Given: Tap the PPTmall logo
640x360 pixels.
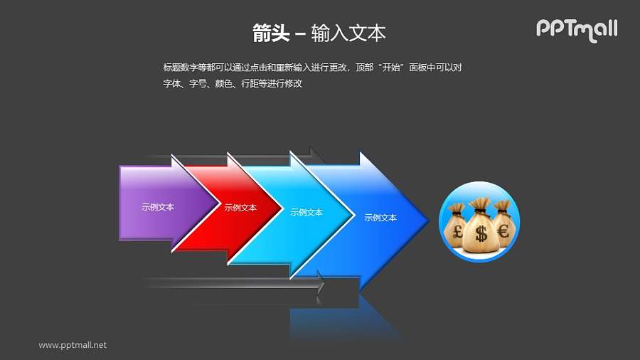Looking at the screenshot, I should point(576,29).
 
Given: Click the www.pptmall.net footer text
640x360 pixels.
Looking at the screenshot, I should point(73,345).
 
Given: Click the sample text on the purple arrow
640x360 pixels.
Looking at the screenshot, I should point(158,208).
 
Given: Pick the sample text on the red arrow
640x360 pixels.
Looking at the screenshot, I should point(240,208).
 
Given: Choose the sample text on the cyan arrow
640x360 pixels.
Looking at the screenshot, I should point(306,212).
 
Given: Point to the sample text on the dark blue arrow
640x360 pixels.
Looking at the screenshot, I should point(380,218).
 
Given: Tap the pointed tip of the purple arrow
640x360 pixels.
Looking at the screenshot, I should point(220,207).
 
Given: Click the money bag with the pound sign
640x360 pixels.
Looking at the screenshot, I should point(455,225).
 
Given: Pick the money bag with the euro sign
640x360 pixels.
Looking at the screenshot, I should point(503,223).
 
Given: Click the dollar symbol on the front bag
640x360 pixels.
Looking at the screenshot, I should point(481,233).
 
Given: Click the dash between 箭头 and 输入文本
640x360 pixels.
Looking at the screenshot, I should point(300,33).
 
